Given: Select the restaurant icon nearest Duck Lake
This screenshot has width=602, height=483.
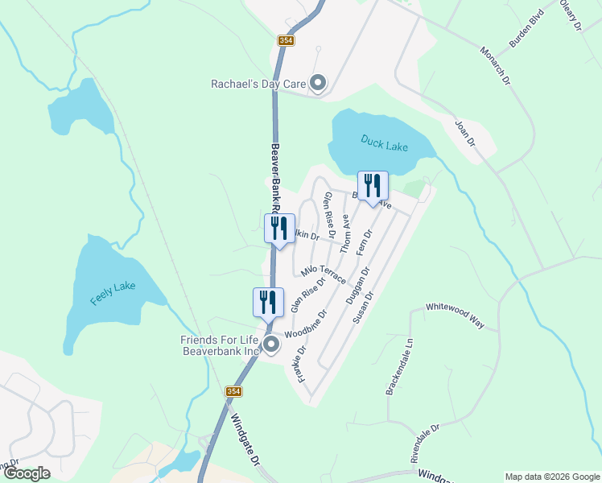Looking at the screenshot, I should (x=373, y=186).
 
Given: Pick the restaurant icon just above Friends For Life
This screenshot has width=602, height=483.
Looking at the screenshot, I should (x=268, y=303).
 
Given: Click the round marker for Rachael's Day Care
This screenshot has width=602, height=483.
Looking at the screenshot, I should (x=318, y=83).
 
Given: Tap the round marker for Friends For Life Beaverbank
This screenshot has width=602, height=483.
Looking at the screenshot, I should (x=271, y=345).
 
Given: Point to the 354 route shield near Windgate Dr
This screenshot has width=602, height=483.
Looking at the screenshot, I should (x=233, y=391).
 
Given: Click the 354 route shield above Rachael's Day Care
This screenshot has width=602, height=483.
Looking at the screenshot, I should (x=287, y=40).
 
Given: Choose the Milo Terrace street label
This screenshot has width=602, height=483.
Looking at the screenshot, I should (x=324, y=273).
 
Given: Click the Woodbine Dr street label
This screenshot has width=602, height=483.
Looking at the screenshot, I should (x=306, y=324).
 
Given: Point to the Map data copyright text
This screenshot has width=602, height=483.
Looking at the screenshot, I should (x=552, y=477).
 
